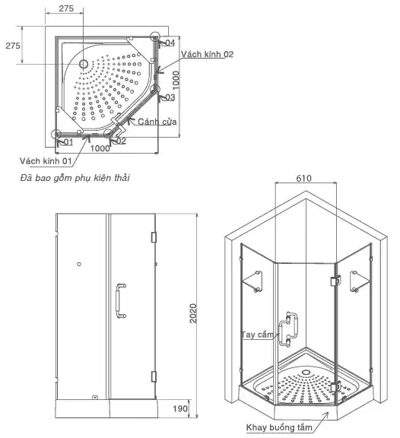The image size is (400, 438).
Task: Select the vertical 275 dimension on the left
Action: (x=13, y=46)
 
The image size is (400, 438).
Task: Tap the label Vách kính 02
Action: (x=207, y=55)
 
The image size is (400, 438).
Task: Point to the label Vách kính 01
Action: (x=46, y=161)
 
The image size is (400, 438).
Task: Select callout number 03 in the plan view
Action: (x=170, y=97)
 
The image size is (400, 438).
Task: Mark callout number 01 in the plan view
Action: (x=68, y=142)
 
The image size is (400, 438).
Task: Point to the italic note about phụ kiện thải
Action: (x=75, y=179)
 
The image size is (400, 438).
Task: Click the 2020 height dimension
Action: (x=192, y=314)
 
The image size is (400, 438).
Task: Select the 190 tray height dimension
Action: (x=179, y=409)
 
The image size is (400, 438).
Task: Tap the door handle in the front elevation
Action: (x=119, y=300)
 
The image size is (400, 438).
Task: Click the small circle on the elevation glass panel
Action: (x=80, y=264)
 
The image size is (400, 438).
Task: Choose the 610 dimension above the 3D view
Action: (x=304, y=178)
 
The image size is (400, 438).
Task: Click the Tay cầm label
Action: (x=255, y=335)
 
